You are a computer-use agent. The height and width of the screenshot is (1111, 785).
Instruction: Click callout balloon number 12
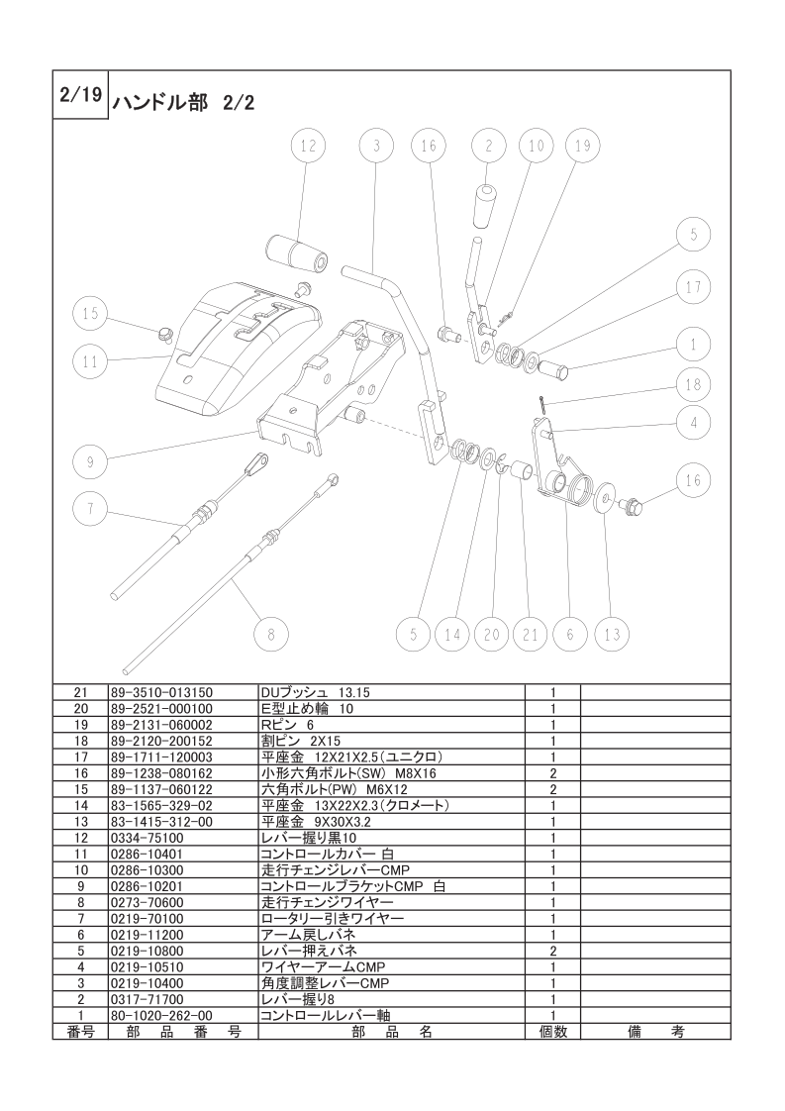tap(308, 146)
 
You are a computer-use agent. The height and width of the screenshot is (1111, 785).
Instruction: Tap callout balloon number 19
tap(582, 146)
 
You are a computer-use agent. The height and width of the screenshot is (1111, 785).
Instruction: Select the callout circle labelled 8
tap(271, 634)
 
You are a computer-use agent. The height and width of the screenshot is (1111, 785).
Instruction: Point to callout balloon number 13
tap(612, 634)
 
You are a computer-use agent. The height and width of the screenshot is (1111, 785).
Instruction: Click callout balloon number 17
tap(693, 287)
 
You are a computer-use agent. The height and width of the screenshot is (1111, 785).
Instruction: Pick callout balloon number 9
tap(91, 462)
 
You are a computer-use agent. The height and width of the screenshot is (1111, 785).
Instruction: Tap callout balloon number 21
tap(531, 634)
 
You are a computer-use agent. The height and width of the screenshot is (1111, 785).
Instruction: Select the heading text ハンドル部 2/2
tap(182, 103)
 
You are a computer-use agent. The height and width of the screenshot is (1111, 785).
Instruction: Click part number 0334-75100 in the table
tap(147, 838)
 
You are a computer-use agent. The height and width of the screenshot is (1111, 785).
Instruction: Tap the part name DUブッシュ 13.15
tap(315, 692)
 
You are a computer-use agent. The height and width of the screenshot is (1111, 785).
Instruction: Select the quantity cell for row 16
tap(553, 773)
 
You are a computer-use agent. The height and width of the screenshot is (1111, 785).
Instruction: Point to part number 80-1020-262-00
tap(161, 1015)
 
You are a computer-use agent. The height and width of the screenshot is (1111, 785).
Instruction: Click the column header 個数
tap(553, 1032)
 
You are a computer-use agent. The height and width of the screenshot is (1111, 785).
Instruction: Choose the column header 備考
tap(656, 1032)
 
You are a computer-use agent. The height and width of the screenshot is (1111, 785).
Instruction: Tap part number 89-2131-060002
tap(161, 725)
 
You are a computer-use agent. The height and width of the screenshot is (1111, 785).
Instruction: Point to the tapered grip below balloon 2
tap(486, 206)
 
